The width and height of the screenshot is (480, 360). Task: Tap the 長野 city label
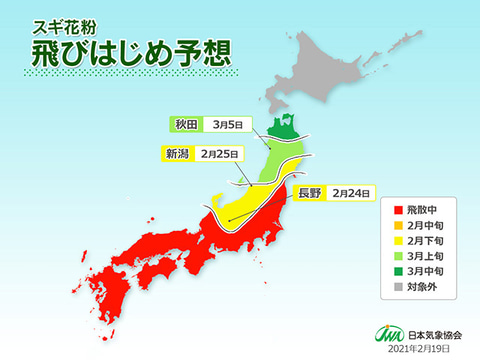(x=308, y=192)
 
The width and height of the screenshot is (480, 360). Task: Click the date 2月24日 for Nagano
(x=352, y=192)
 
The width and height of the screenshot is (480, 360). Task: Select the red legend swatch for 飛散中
(x=398, y=211)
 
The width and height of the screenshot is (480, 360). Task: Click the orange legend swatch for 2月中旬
(x=398, y=226)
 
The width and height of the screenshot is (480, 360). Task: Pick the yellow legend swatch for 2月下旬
(x=398, y=241)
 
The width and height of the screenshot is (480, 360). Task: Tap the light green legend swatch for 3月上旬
(x=398, y=256)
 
